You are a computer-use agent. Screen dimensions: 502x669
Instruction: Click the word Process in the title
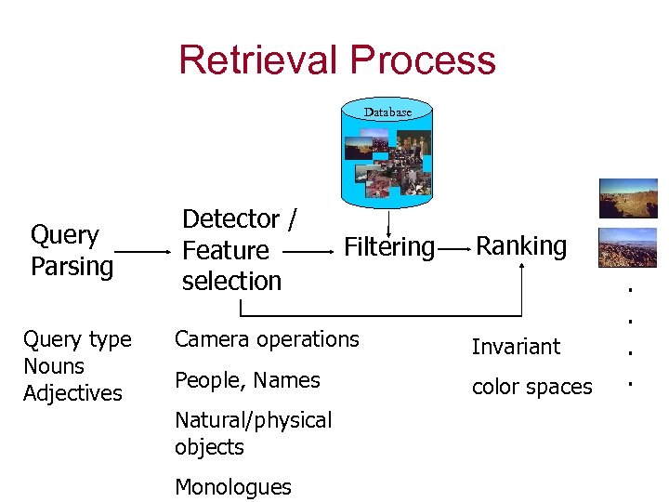coord(423,59)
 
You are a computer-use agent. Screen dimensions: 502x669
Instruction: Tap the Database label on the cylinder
coord(387,112)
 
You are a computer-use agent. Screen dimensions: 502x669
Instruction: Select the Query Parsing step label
coord(71,250)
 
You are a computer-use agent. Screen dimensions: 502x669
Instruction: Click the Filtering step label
coord(389,247)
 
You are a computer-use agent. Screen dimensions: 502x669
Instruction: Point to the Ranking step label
coord(521,245)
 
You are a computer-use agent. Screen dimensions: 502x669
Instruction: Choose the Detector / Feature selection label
coord(239,249)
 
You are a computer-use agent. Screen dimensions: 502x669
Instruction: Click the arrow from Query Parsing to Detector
coord(142,251)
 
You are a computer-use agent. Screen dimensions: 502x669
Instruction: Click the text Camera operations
coord(267,339)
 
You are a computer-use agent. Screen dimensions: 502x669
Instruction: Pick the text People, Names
coord(247,380)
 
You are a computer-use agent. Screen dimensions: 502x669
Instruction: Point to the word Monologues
coord(233,487)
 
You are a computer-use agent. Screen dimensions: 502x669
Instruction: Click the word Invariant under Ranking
coord(516,347)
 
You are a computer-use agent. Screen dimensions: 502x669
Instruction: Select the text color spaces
coord(531,387)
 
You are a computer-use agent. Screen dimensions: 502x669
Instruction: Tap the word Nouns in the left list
coord(53,366)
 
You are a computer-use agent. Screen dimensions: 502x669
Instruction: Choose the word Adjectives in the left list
coord(72,393)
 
